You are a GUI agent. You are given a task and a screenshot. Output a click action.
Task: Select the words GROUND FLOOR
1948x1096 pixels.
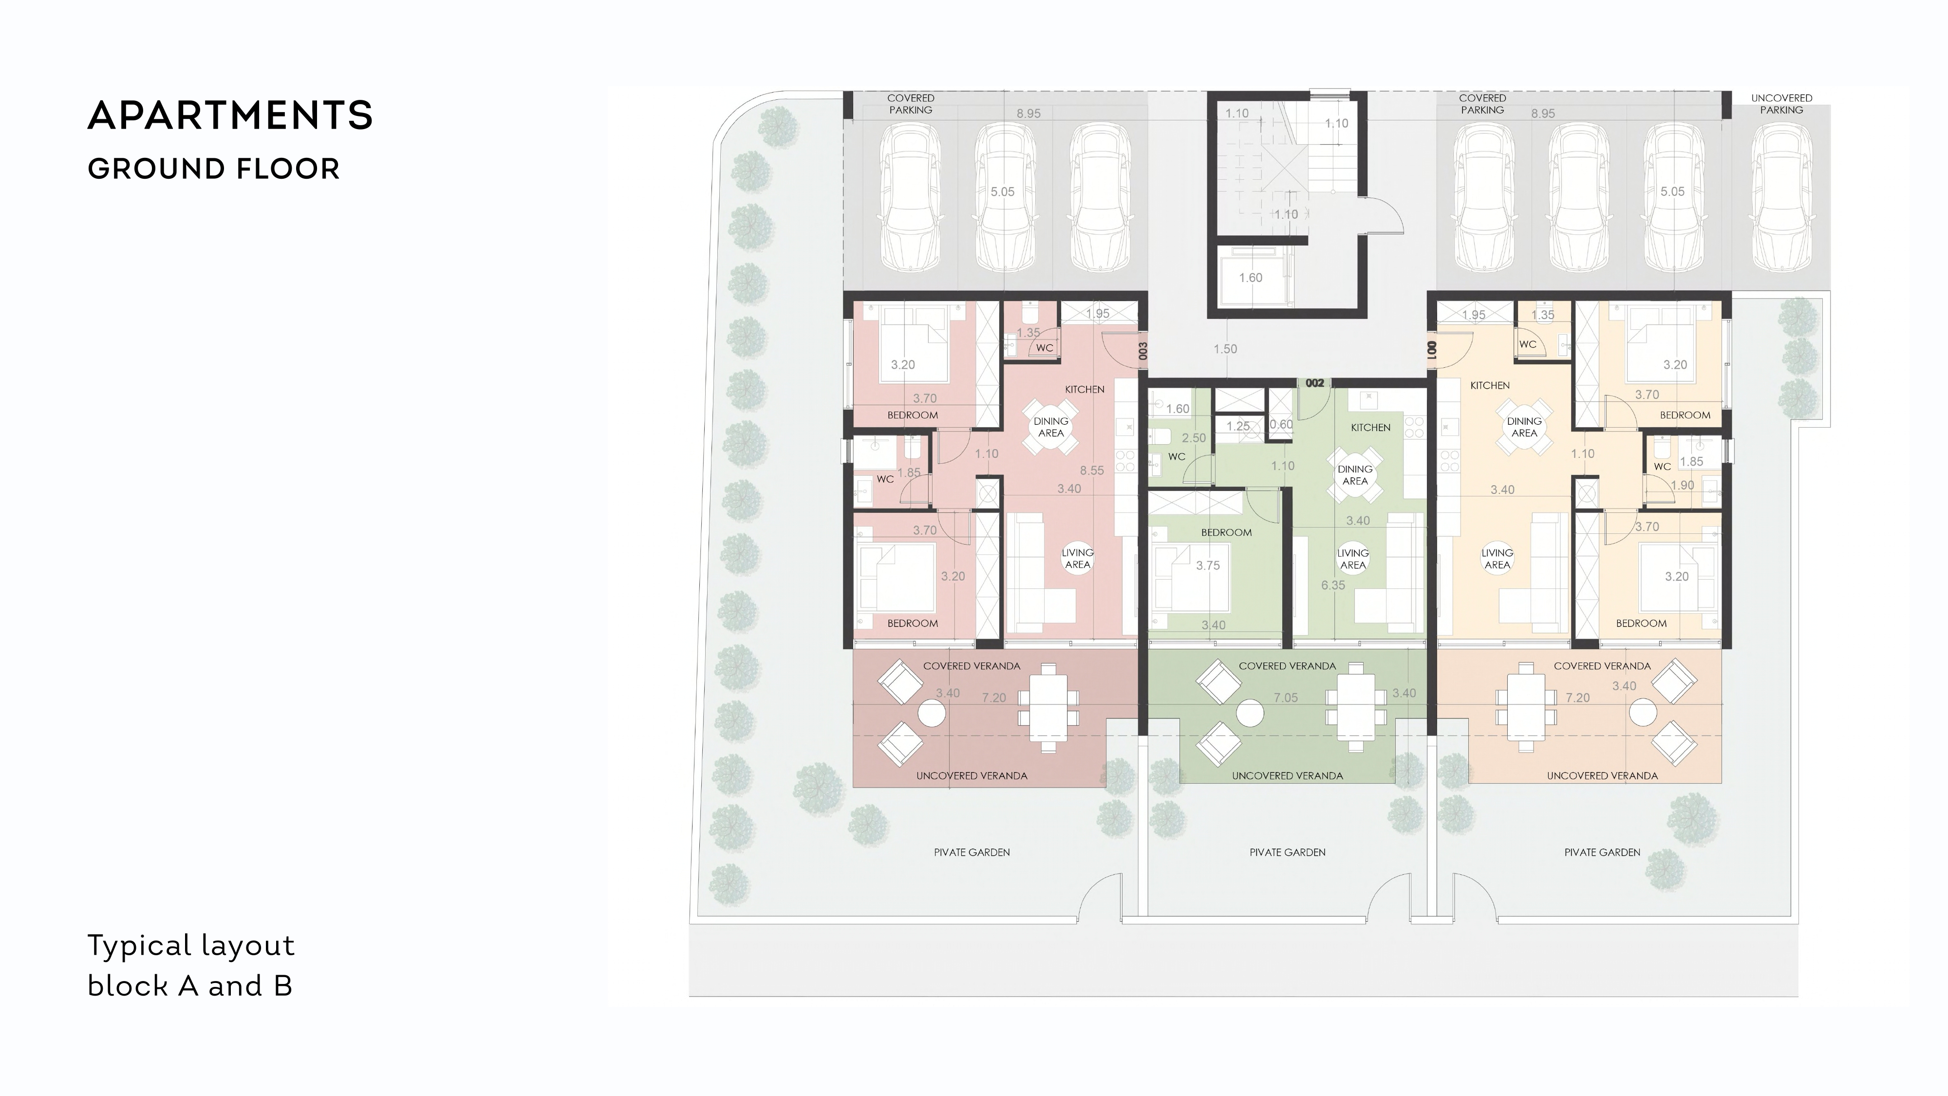[x=214, y=170]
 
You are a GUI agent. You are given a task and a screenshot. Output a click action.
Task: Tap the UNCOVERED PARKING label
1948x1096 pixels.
[x=1781, y=104]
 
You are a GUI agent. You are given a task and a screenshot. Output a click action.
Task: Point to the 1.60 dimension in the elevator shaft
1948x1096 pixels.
[x=1251, y=278]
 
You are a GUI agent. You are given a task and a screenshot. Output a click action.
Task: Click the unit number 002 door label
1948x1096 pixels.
[x=1315, y=383]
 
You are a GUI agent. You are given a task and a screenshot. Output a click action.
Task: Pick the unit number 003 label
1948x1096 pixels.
[x=1143, y=351]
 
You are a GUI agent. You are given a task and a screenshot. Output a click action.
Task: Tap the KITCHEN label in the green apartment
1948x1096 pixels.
[x=1371, y=427]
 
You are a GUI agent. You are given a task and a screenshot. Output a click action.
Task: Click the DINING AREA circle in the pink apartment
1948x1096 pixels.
[x=1051, y=427]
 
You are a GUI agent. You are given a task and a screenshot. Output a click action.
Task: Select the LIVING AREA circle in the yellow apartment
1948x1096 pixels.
[x=1498, y=559]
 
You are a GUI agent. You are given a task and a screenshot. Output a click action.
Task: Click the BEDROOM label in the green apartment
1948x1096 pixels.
[x=1227, y=532]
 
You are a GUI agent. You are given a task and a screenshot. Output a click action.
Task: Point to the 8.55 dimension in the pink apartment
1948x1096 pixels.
[x=1092, y=471]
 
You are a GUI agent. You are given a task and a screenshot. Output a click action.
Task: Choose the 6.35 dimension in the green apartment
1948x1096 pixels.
[x=1333, y=586]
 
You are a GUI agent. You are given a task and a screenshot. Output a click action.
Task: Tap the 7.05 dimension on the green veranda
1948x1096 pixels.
[x=1286, y=698]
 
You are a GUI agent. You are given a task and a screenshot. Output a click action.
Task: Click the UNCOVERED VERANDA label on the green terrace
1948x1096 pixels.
[x=1288, y=775]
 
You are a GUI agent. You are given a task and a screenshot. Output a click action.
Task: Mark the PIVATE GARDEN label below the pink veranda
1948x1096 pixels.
[x=972, y=852]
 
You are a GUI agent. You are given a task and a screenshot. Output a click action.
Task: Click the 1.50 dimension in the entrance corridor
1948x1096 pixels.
[x=1225, y=349]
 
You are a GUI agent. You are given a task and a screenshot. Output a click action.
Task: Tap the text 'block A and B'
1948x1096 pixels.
[x=190, y=985]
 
